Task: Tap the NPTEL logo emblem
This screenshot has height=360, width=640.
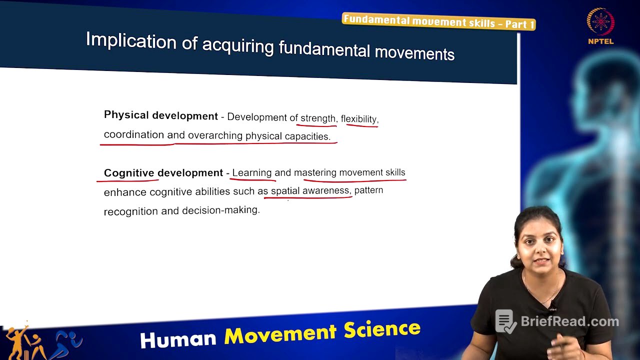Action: (600, 22)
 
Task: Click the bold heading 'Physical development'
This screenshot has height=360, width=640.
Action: (160, 115)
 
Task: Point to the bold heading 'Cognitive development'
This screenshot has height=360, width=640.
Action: (163, 173)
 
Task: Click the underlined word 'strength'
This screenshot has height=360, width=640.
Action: (318, 118)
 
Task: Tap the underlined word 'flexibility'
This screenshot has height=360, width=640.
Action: (359, 119)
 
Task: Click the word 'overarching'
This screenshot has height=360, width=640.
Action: (215, 135)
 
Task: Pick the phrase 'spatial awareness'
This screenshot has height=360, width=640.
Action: (309, 191)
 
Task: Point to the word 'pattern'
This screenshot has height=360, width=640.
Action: (368, 190)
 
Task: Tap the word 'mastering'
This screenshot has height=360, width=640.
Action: (315, 173)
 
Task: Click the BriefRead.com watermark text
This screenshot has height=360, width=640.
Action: (569, 321)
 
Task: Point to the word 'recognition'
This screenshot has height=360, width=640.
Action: (131, 211)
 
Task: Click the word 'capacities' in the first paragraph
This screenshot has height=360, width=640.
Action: (307, 136)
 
